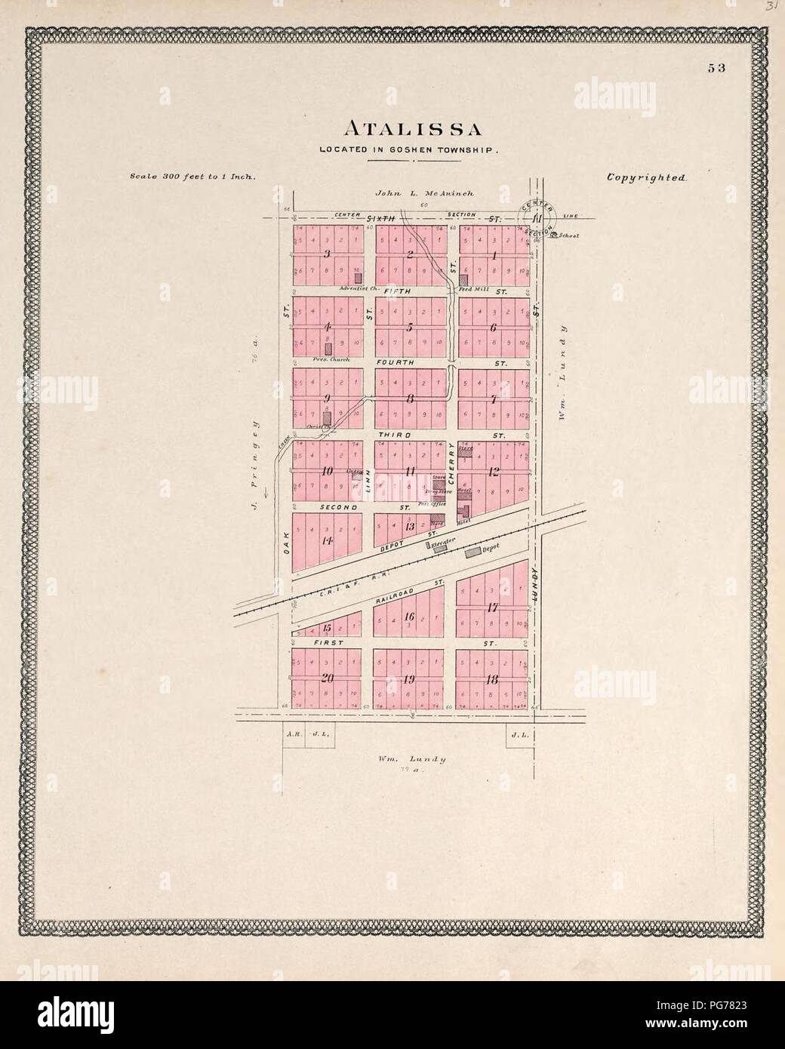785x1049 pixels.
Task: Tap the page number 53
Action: click(x=716, y=67)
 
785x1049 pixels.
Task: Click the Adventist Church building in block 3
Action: click(x=358, y=278)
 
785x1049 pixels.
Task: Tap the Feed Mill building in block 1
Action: click(x=463, y=278)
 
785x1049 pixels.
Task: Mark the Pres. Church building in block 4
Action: click(x=328, y=348)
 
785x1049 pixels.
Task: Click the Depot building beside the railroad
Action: click(x=473, y=553)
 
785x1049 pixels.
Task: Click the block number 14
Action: click(x=327, y=541)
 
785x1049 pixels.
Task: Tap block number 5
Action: click(x=408, y=328)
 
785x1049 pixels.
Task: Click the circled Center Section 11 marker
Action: click(x=537, y=219)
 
